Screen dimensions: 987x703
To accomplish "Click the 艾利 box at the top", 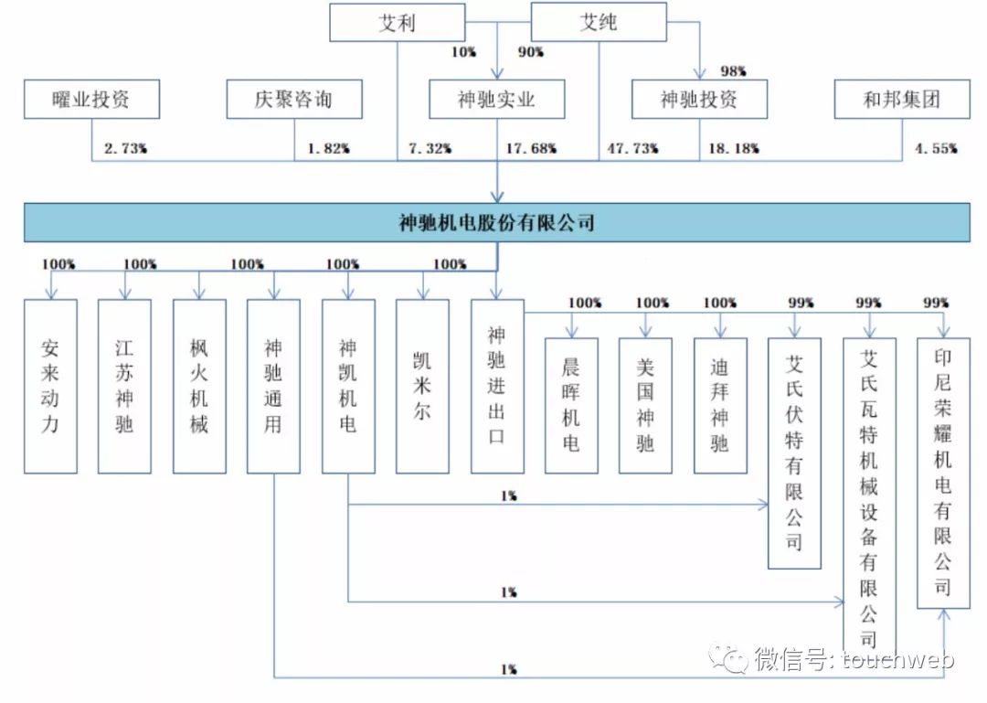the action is click(398, 23).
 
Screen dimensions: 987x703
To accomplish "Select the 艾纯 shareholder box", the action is click(599, 22).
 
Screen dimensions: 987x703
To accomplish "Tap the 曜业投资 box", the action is click(92, 99).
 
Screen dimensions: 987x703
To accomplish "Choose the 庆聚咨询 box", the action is click(294, 99).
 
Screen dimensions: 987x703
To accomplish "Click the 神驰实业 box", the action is click(496, 99).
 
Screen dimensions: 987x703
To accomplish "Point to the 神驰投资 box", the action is click(699, 99).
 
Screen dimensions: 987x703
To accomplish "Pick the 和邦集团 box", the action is click(902, 99).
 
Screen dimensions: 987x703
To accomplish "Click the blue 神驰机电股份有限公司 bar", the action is click(496, 222).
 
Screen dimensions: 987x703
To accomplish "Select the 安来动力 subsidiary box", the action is click(50, 386).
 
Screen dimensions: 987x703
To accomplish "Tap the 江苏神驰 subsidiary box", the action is click(124, 386).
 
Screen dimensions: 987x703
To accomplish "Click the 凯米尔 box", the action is click(422, 386).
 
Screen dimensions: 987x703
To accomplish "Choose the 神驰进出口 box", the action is click(497, 386).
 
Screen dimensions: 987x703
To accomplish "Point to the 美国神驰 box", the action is click(645, 406).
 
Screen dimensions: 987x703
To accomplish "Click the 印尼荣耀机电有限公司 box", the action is click(943, 473).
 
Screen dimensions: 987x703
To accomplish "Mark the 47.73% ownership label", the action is click(632, 149).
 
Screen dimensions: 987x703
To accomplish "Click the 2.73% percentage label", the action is click(125, 149).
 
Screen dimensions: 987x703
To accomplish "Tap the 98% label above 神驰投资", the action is click(733, 71).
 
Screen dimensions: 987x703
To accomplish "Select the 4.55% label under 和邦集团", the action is click(936, 149).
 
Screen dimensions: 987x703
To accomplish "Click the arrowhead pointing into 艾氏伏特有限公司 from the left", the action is click(763, 504).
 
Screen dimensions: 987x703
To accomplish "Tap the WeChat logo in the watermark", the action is click(728, 658).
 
